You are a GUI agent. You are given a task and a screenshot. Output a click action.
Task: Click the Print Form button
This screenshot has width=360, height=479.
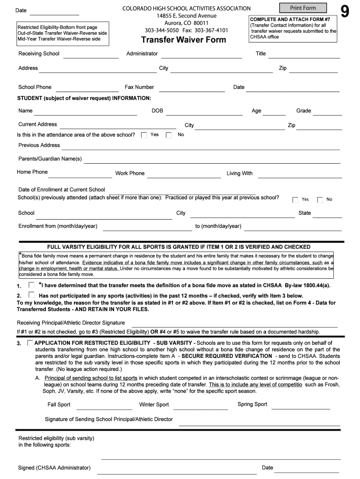tap(303, 8)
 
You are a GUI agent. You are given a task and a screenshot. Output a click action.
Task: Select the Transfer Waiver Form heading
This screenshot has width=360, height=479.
tap(183, 40)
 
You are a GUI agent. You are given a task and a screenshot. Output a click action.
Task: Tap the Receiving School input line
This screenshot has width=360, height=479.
tap(91, 55)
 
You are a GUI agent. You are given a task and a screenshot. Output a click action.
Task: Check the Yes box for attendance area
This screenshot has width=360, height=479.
tap(144, 135)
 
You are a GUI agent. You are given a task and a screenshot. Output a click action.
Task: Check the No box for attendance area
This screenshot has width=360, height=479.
tap(169, 135)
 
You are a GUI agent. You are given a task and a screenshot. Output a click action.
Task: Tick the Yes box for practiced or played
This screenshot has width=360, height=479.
tap(295, 200)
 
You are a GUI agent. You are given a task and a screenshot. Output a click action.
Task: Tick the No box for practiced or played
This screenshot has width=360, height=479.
tap(320, 200)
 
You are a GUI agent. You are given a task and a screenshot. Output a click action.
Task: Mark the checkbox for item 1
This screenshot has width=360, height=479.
tap(31, 285)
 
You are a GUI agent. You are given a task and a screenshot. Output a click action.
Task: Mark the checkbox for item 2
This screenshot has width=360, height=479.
tap(31, 295)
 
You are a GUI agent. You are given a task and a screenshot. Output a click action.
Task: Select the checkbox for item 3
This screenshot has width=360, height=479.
tap(30, 343)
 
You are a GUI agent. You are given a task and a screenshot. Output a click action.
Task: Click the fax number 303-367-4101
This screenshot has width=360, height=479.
tap(211, 30)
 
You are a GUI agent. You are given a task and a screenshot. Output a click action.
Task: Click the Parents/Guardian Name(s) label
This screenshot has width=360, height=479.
tap(50, 159)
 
